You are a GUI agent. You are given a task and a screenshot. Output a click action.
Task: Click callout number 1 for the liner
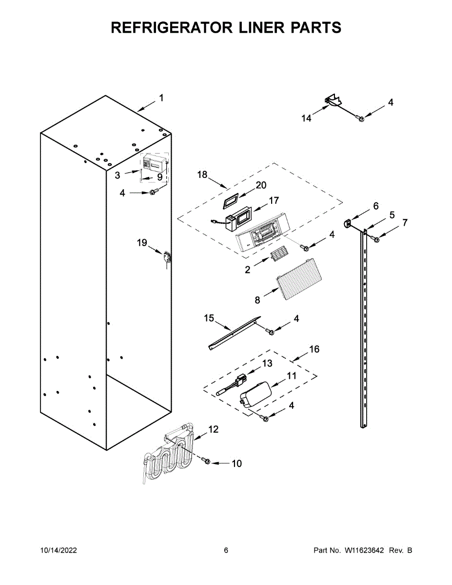pyautogui.click(x=161, y=98)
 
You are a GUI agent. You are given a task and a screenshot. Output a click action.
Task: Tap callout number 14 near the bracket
pyautogui.click(x=306, y=118)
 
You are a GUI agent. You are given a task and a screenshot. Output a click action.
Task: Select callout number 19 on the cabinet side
pyautogui.click(x=141, y=242)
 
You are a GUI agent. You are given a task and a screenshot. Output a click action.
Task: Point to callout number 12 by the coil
pyautogui.click(x=214, y=429)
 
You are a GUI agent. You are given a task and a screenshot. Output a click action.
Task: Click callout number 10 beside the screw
pyautogui.click(x=236, y=463)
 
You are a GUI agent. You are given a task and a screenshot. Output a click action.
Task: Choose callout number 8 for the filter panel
pyautogui.click(x=257, y=300)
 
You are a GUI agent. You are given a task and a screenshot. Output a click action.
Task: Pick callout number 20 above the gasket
pyautogui.click(x=261, y=185)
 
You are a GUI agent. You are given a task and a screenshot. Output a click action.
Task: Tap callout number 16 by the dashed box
pyautogui.click(x=314, y=349)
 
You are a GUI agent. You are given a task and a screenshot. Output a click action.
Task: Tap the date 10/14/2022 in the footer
pyautogui.click(x=58, y=550)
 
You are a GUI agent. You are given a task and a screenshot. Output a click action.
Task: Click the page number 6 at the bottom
pyautogui.click(x=226, y=550)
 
